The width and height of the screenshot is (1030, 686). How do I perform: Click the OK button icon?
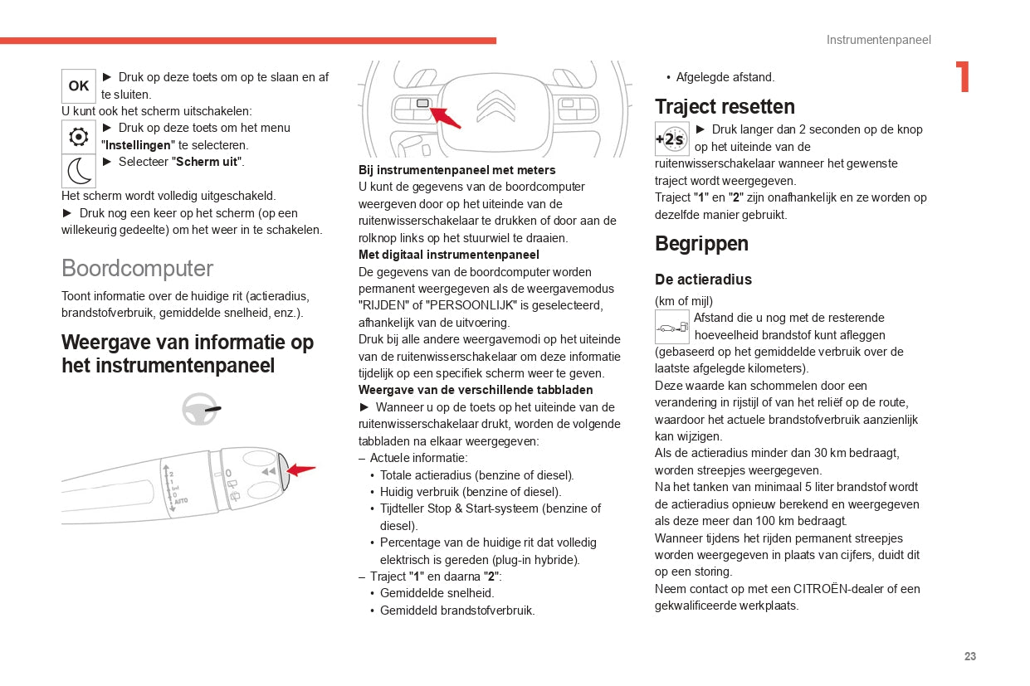79,86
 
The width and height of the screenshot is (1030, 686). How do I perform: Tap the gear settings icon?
79,137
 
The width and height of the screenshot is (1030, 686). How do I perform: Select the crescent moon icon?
79,171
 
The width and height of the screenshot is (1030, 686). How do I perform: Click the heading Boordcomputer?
137,269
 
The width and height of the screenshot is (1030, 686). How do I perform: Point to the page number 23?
970,656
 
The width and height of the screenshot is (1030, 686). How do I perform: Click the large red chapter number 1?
963,77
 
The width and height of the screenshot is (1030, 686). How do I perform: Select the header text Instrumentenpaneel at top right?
878,40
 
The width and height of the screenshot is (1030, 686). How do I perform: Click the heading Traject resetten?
725,107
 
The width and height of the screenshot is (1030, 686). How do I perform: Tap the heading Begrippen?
701,244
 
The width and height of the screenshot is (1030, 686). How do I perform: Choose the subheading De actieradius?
703,280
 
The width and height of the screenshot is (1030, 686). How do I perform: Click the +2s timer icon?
671,139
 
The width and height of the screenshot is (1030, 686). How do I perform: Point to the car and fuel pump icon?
671,327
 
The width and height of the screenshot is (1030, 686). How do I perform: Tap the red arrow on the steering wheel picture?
447,117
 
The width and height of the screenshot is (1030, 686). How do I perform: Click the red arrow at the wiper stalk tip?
301,470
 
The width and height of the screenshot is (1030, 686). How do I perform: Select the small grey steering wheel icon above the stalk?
200,409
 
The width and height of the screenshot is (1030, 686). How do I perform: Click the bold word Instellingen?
137,145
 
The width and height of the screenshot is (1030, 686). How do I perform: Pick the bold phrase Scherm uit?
207,162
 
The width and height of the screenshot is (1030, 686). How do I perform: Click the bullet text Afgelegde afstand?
725,77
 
